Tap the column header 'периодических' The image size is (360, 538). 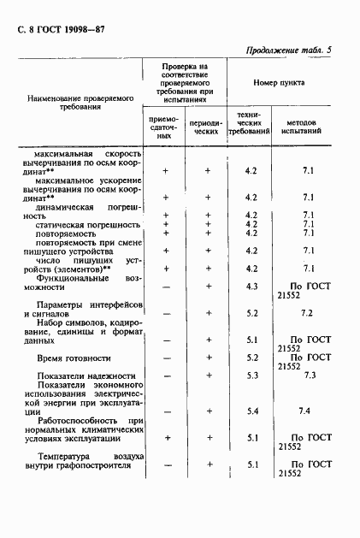pyautogui.click(x=208, y=129)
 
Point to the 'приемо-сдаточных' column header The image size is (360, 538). pyautogui.click(x=164, y=129)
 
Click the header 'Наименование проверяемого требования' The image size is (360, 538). pyautogui.click(x=82, y=103)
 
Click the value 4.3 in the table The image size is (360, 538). pyautogui.click(x=251, y=285)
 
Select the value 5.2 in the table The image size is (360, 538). pyautogui.click(x=251, y=313)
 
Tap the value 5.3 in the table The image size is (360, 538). pyautogui.click(x=251, y=375)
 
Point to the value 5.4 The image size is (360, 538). pyautogui.click(x=251, y=412)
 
